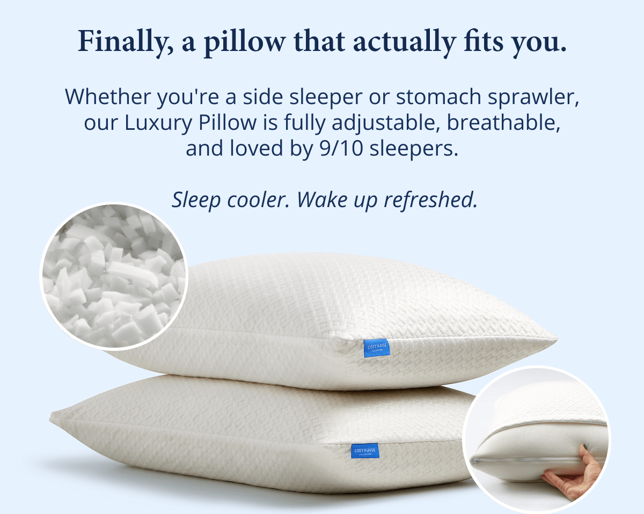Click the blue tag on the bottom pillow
(365, 451)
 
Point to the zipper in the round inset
(537, 460)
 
